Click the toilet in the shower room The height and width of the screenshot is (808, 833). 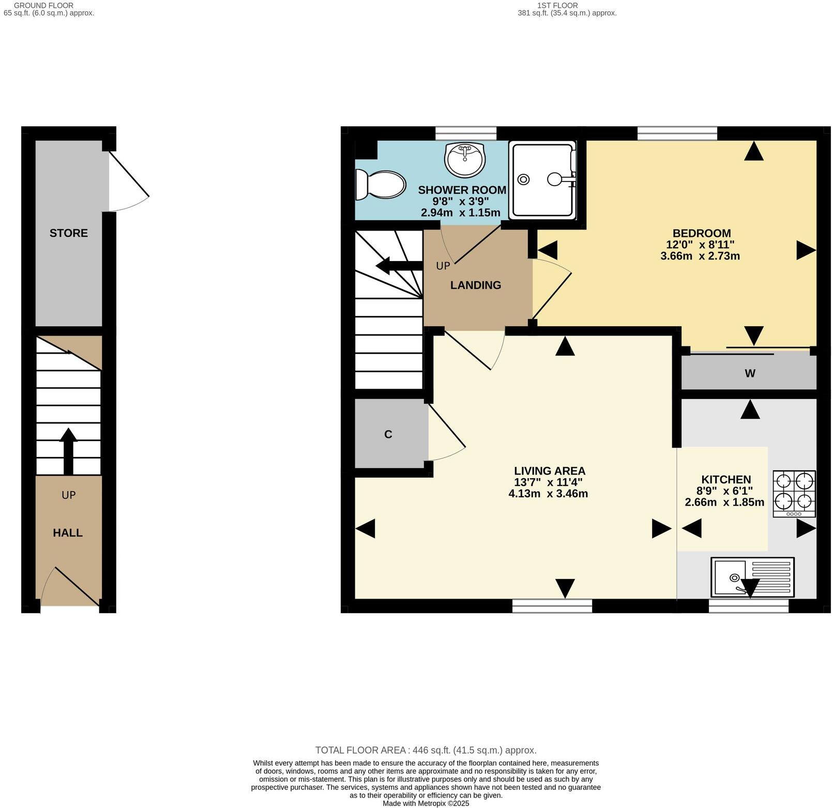(x=381, y=185)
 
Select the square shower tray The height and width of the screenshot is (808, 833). (x=542, y=180)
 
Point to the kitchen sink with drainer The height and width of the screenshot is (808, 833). (x=752, y=577)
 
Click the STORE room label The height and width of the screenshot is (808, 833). (x=69, y=233)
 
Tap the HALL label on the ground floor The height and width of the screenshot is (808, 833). (x=68, y=533)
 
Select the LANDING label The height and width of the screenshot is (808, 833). (x=475, y=285)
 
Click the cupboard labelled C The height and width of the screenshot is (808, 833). (x=388, y=435)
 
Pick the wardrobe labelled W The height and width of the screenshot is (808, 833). (x=750, y=373)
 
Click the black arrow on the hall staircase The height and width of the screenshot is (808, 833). (x=68, y=449)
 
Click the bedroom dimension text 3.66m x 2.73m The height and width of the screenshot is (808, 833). (x=700, y=256)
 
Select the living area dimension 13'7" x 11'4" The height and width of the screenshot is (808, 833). (x=548, y=482)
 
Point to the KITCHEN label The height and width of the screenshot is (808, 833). (x=725, y=479)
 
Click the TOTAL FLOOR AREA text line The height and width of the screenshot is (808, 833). (x=426, y=750)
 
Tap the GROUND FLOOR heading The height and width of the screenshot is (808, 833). (x=43, y=5)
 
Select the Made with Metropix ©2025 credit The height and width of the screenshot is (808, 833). (x=426, y=803)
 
